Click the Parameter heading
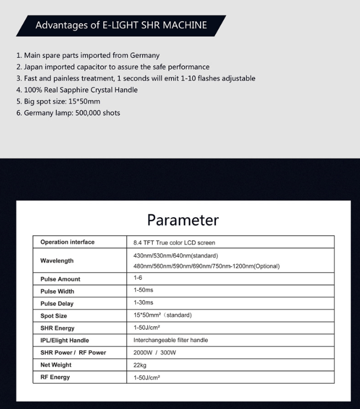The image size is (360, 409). click(x=182, y=220)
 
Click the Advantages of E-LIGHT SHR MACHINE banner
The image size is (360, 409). click(x=121, y=25)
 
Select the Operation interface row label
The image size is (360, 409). click(x=67, y=242)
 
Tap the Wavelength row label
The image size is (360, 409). click(x=57, y=261)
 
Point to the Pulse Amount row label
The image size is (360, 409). click(x=60, y=279)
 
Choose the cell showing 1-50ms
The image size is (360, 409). click(x=143, y=291)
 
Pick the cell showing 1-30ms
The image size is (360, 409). click(x=143, y=303)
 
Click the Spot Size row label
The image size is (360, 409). click(x=54, y=316)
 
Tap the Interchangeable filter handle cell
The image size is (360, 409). click(x=170, y=340)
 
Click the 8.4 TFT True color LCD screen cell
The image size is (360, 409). click(x=174, y=242)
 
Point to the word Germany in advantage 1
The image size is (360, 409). click(x=145, y=56)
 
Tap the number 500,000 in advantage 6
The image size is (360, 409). click(x=84, y=113)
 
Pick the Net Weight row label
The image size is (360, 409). click(x=56, y=364)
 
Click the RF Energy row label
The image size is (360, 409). click(x=55, y=377)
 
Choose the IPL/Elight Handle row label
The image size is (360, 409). click(x=64, y=340)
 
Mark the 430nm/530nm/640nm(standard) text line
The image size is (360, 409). click(x=176, y=256)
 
